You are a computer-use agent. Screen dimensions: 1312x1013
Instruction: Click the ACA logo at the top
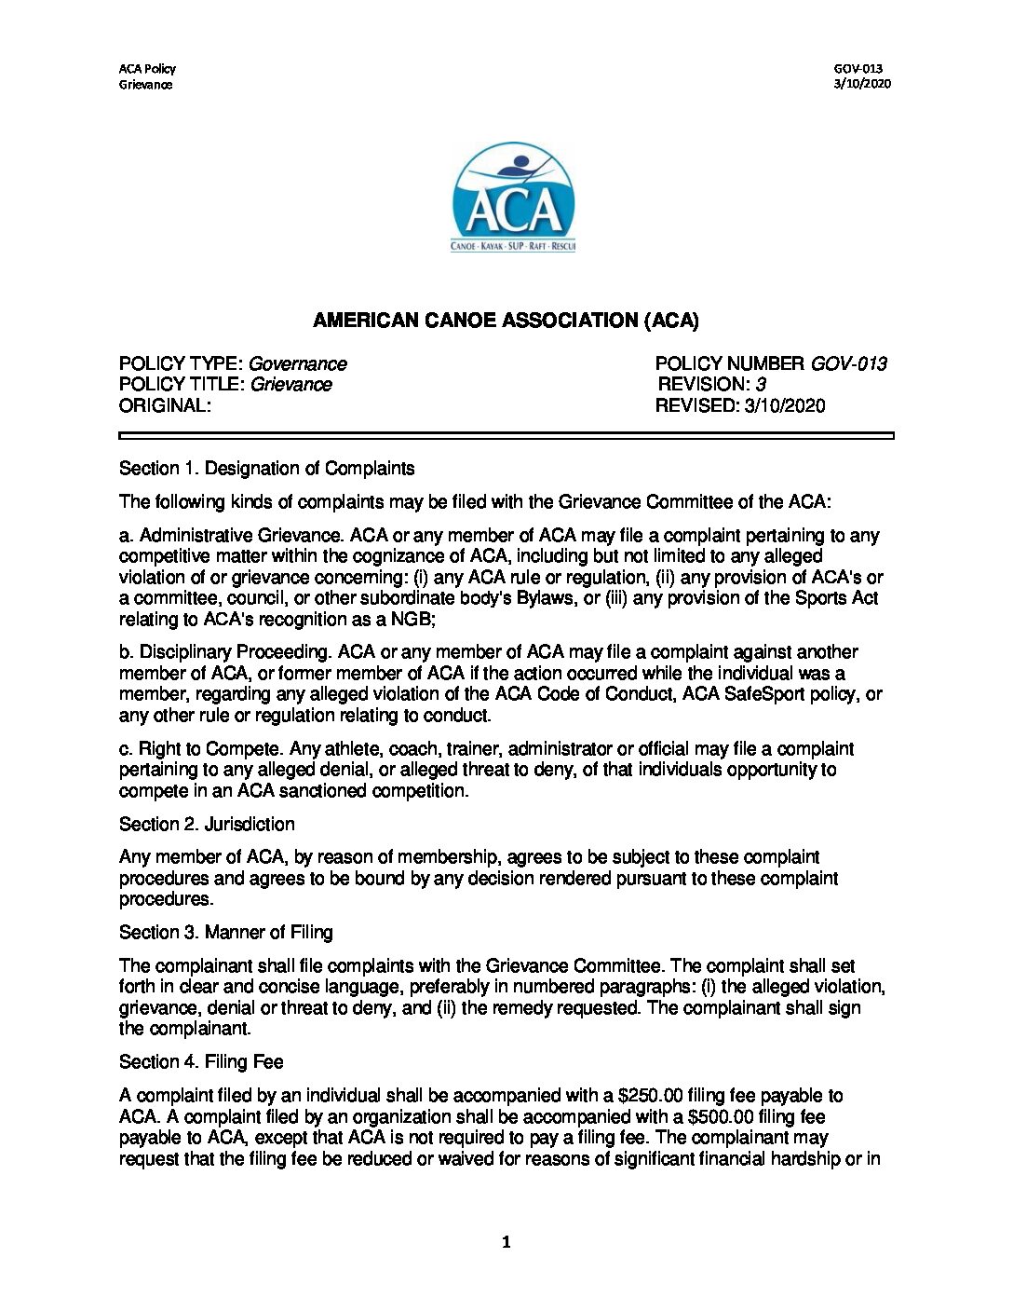tap(513, 198)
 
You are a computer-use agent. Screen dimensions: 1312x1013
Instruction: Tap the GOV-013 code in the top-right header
tap(858, 68)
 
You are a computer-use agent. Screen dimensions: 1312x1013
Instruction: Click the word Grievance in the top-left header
tap(145, 85)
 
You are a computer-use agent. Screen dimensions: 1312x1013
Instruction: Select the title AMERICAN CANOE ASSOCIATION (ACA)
tap(506, 321)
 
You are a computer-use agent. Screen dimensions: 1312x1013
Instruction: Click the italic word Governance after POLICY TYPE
tap(298, 364)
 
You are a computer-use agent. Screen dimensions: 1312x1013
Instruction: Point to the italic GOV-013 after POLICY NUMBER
tap(848, 364)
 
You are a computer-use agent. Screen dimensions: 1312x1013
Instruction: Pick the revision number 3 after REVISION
tap(761, 385)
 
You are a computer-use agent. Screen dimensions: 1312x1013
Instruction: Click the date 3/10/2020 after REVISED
tap(785, 406)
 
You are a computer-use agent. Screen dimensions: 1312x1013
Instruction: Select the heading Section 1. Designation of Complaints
tap(267, 469)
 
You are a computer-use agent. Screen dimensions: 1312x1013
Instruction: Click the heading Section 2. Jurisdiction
tap(207, 825)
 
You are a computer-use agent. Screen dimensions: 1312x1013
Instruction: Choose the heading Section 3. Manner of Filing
tap(226, 933)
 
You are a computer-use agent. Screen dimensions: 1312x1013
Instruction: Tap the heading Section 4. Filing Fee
tap(201, 1062)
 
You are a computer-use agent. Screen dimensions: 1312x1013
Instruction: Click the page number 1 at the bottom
tap(506, 1242)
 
